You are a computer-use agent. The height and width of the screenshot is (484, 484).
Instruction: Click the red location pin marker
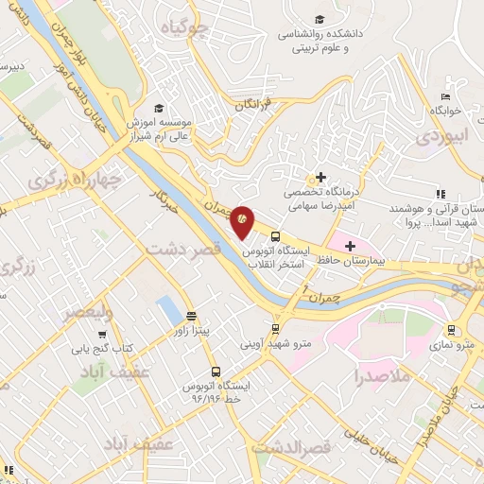tap(242, 219)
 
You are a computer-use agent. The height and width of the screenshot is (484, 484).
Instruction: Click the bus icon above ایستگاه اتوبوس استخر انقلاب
tap(275, 236)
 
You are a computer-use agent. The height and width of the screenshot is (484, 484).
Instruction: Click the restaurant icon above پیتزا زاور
tap(193, 315)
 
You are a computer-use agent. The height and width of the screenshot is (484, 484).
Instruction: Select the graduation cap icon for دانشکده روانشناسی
tap(320, 20)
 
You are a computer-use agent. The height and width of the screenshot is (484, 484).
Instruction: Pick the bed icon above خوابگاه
tap(445, 96)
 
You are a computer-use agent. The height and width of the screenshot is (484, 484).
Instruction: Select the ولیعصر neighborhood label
tap(90, 310)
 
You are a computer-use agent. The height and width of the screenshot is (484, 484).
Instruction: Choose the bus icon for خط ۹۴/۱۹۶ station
tap(216, 372)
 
